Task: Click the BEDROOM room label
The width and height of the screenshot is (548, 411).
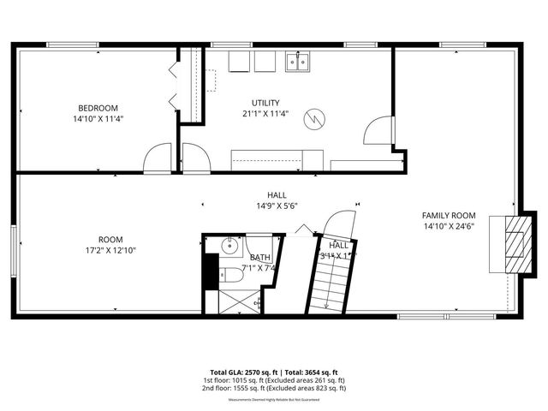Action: (98, 107)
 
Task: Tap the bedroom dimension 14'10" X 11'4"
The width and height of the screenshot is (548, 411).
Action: (98, 119)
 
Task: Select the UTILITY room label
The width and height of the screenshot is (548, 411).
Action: (265, 102)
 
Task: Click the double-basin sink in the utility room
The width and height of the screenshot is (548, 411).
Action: (298, 61)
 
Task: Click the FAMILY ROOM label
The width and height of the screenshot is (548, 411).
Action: (449, 215)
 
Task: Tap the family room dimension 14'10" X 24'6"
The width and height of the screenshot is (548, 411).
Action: (449, 227)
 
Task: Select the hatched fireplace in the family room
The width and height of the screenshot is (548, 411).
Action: (513, 243)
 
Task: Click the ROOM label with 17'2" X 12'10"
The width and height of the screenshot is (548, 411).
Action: (110, 239)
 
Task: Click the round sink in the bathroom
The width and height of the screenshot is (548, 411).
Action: (229, 247)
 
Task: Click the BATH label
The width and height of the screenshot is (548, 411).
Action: (259, 257)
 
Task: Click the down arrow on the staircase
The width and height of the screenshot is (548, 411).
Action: (326, 300)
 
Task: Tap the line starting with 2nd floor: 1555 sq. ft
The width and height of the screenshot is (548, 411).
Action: (273, 388)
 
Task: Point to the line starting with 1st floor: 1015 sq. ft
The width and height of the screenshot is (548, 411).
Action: (273, 379)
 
